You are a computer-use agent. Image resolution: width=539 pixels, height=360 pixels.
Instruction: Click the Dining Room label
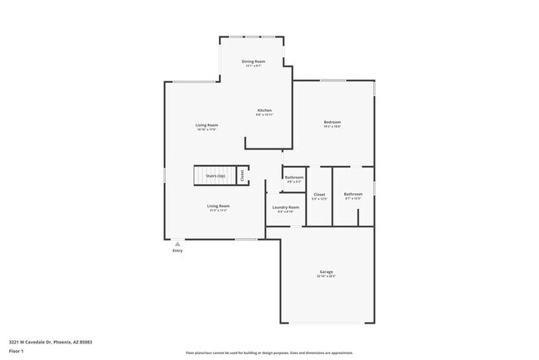[x=254, y=61]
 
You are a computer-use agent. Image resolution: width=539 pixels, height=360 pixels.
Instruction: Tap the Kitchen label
[x=265, y=110]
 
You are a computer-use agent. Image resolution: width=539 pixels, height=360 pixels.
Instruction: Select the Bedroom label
[x=333, y=122]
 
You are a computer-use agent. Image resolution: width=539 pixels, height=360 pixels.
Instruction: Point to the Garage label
[x=327, y=272]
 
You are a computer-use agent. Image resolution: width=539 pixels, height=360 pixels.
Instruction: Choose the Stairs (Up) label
[x=216, y=177]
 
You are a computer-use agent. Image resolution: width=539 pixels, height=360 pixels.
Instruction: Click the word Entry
[x=177, y=250]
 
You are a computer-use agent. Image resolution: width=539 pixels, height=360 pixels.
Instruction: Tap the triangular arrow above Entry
[x=177, y=243]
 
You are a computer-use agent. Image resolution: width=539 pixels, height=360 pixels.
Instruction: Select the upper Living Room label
[x=206, y=124]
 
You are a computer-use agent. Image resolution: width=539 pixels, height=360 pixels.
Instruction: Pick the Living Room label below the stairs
[x=218, y=206]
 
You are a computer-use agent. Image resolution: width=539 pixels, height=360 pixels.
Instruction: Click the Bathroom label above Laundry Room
[x=294, y=177]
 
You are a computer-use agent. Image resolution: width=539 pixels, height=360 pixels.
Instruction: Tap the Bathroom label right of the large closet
[x=353, y=194]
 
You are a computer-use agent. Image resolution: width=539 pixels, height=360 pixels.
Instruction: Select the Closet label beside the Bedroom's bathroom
[x=319, y=195]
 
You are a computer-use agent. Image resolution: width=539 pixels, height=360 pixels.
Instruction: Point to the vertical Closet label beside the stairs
[x=242, y=176]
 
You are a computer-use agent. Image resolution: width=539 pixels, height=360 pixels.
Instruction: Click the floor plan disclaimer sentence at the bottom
[x=269, y=352]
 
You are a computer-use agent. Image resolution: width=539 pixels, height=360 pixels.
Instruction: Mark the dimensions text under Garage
[x=327, y=277]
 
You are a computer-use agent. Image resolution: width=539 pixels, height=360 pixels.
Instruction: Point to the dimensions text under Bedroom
[x=333, y=127]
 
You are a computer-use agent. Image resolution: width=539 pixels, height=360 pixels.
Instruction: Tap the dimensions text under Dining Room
[x=254, y=66]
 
